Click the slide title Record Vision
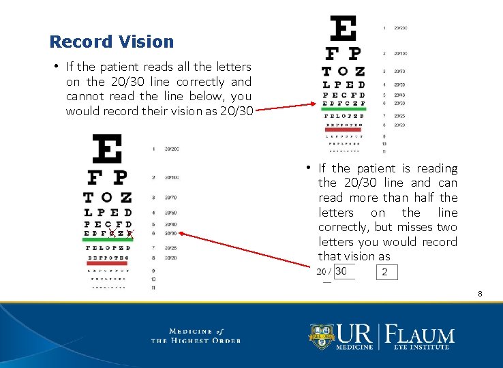click(112, 42)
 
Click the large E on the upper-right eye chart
click(343, 29)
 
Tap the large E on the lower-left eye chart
click(108, 149)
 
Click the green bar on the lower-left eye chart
click(108, 239)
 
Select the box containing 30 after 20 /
click(344, 271)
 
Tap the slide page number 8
click(480, 294)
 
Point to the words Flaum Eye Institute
click(419, 338)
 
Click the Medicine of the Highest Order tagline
click(196, 335)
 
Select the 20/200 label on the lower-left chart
click(171, 149)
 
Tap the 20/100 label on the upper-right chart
click(399, 53)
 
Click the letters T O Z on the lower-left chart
click(108, 198)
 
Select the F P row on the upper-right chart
click(343, 53)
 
